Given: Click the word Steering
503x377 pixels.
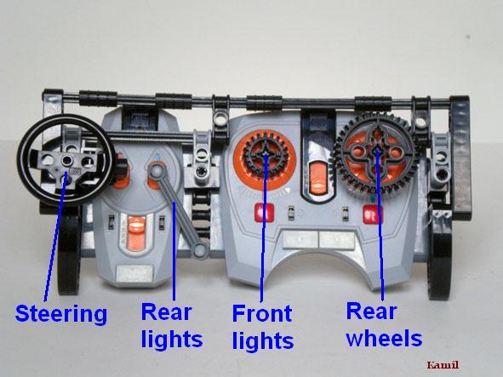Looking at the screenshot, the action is [61, 315].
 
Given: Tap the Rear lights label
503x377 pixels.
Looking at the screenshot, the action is [172, 326].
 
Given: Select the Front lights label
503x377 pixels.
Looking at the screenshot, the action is [263, 327].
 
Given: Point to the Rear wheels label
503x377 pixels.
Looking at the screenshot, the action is [384, 325].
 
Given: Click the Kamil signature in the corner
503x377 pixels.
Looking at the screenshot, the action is [443, 365].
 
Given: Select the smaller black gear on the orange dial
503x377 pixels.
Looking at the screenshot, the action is [266, 154].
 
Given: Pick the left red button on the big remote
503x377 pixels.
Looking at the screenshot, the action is [264, 213].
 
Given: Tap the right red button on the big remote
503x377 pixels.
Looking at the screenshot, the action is [373, 214].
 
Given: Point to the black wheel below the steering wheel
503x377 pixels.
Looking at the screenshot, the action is [69, 250].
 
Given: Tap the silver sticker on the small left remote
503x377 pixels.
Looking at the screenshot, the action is [134, 273].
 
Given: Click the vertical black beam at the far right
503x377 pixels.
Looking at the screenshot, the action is [460, 154].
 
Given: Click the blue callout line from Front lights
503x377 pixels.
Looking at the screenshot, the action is [264, 228].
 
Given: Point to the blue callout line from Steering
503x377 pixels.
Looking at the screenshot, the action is [55, 237].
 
